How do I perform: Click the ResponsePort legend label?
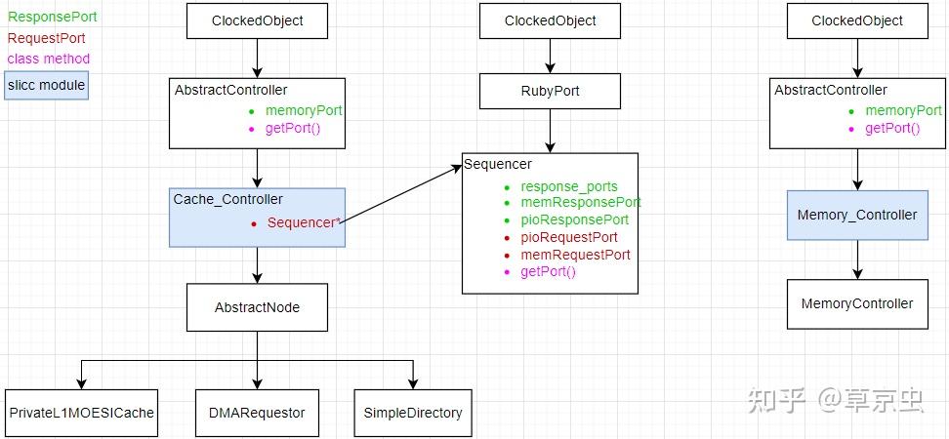53,17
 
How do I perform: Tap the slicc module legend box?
48,85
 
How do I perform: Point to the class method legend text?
48,59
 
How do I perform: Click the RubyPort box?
550,92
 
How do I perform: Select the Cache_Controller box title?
228,199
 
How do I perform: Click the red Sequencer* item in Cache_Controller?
301,222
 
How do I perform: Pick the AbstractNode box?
257,306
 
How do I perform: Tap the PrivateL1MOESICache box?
82,413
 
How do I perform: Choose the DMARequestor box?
257,413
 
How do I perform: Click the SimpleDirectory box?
413,413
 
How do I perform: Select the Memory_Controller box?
857,215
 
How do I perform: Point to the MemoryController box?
857,302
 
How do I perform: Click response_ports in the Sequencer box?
569,186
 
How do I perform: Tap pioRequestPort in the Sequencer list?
569,237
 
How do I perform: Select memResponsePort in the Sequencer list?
581,203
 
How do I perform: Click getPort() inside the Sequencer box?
549,271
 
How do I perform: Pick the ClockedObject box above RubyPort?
550,20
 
